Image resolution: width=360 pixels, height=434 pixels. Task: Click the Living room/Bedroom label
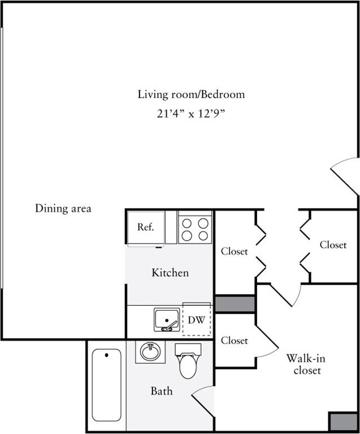tap(191, 94)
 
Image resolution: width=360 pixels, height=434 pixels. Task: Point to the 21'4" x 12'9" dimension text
tap(191, 114)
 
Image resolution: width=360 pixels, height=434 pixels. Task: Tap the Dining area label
tap(63, 208)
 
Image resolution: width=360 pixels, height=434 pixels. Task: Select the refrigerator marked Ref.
tap(146, 228)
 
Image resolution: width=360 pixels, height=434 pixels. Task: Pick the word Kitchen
tap(170, 273)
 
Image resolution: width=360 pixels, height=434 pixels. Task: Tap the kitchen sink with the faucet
tap(167, 320)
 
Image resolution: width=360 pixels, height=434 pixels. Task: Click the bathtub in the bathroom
tap(106, 385)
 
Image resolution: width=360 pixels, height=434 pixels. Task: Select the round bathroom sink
tap(150, 353)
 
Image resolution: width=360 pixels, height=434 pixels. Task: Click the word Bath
tap(161, 391)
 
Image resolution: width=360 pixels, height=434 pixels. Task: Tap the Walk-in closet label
tap(305, 364)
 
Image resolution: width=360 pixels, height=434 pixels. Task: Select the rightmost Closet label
tap(333, 245)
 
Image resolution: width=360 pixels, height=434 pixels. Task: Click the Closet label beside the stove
tap(234, 251)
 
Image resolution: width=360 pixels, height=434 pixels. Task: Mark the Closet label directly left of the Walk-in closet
tap(234, 341)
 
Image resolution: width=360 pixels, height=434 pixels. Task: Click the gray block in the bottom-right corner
tap(342, 422)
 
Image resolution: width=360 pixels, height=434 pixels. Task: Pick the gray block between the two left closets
tap(235, 303)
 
